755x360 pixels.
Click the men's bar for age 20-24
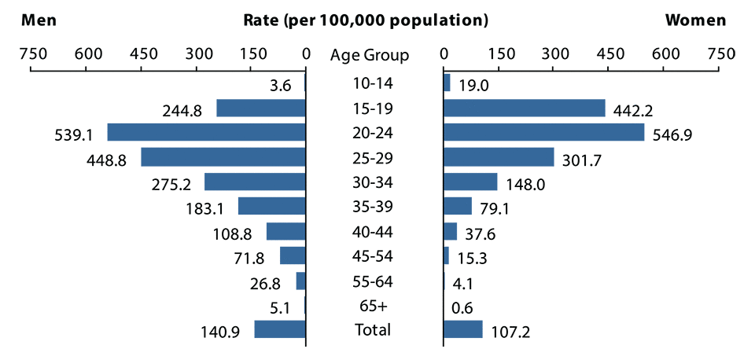click(206, 132)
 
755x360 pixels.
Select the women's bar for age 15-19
click(525, 108)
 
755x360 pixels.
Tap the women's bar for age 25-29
click(499, 157)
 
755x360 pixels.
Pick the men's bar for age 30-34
click(255, 182)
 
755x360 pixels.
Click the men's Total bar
click(279, 329)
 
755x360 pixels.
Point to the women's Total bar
click(463, 329)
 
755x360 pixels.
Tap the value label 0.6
click(462, 307)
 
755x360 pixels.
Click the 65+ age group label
click(372, 305)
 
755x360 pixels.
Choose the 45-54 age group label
click(372, 255)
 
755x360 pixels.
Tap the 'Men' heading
click(39, 20)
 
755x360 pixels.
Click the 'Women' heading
click(695, 20)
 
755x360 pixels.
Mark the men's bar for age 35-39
click(271, 206)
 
